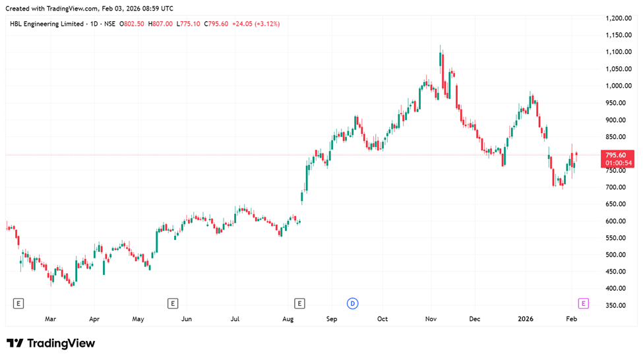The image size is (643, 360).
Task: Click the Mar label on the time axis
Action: click(51, 319)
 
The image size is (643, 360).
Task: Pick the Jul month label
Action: click(235, 319)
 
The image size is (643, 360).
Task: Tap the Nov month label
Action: click(431, 319)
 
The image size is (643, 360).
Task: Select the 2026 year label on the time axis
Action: click(526, 319)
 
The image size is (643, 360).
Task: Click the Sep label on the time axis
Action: click(332, 319)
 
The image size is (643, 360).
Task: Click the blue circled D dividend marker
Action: click(353, 303)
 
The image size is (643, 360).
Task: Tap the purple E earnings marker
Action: click(583, 303)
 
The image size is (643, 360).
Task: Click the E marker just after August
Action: click(300, 303)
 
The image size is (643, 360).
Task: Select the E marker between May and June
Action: click(173, 303)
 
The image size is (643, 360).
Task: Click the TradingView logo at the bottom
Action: click(51, 344)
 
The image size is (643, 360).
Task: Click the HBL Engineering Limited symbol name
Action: click(47, 24)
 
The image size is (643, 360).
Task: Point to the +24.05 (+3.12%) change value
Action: click(255, 24)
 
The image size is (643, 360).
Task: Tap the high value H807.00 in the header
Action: click(160, 24)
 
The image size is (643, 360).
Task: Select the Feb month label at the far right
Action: click(572, 319)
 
